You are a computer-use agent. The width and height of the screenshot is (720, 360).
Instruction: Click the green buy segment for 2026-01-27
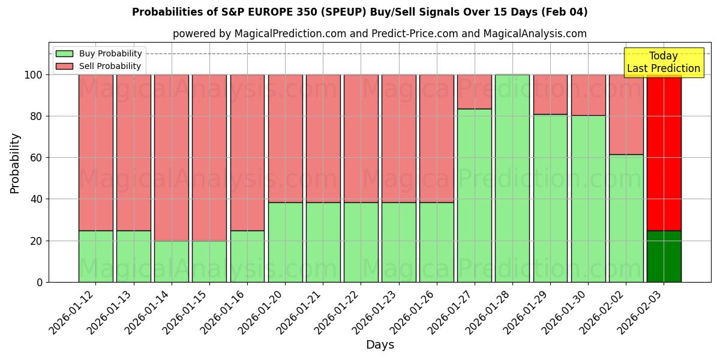coord(474,195)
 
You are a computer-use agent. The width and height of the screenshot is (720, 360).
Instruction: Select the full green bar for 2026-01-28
coord(512,178)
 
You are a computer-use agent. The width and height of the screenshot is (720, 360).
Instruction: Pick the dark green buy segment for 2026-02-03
coord(664,256)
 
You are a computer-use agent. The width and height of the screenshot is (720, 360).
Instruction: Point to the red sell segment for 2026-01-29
coord(550,94)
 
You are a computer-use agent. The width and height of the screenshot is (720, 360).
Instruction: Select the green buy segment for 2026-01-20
coord(285,242)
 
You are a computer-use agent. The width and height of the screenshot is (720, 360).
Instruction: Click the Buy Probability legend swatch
coord(64,53)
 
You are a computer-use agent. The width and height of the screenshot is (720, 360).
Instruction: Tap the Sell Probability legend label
coord(110,66)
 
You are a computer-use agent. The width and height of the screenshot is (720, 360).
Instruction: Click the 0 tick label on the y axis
coord(40,282)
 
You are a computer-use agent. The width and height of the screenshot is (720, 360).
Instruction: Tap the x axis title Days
coord(380,345)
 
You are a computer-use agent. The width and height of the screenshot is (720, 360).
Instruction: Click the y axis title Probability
coord(15,163)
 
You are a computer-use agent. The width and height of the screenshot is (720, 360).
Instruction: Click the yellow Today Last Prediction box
coord(664,62)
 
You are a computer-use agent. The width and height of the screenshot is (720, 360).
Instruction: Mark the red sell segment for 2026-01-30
coord(588,95)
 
